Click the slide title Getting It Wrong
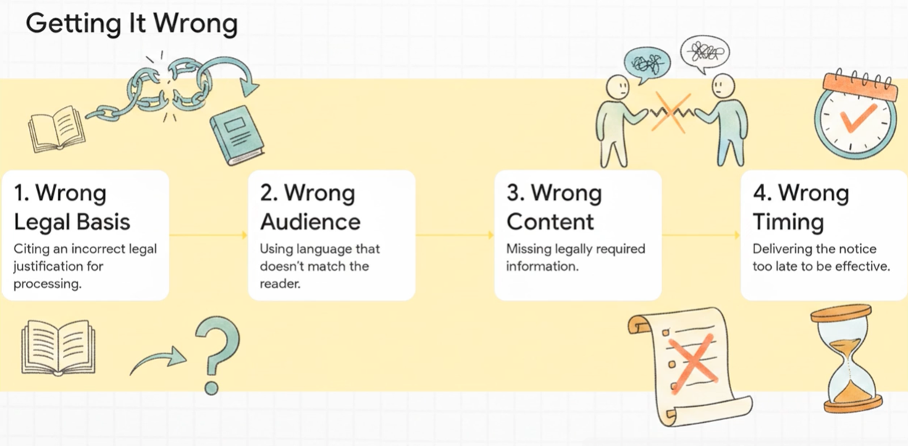coord(131,24)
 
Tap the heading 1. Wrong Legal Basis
coord(72,207)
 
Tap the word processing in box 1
coord(47,284)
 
